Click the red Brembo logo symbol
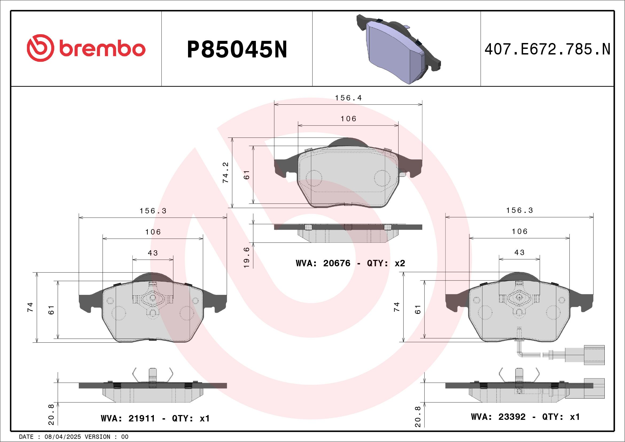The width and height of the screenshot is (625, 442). pos(40,48)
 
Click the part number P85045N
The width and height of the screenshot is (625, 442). pos(237,49)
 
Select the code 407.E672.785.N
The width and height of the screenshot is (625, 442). pos(548,49)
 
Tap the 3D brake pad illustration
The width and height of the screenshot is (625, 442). pos(399,49)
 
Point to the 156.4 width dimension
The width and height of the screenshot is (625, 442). pos(348,98)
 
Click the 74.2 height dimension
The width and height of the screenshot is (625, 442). pos(226,173)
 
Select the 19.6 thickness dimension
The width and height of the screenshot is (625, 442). pos(247,257)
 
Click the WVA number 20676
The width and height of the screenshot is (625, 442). pos(337,263)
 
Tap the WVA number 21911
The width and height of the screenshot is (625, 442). pos(142,418)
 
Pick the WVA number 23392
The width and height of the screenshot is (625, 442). pos(512,417)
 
